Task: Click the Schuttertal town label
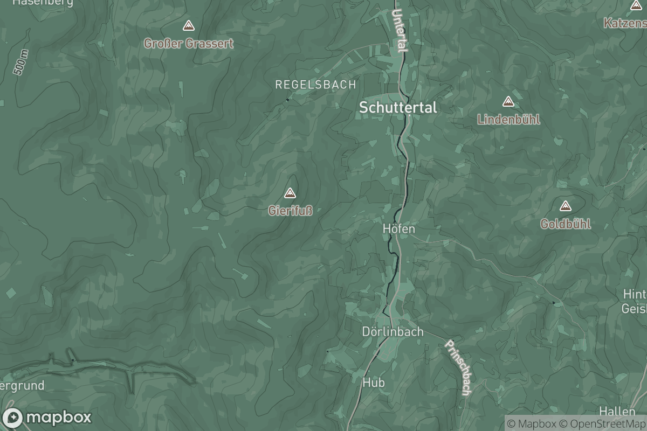(398, 108)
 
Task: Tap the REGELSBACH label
(315, 85)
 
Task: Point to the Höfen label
(399, 229)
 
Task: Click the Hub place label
(374, 383)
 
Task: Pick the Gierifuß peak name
(290, 211)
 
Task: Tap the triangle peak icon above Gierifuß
(290, 193)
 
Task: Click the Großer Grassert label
(188, 44)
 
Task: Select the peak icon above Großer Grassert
(188, 25)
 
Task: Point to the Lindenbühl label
(508, 120)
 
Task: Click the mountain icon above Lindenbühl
(508, 101)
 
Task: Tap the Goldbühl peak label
(566, 224)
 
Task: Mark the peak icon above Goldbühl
(565, 206)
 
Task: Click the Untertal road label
(400, 31)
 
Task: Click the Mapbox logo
(47, 418)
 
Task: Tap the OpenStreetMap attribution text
(603, 423)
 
